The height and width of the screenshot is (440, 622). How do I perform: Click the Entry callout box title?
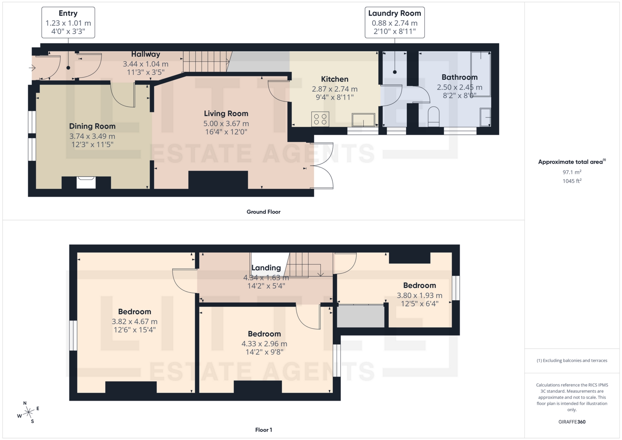pos(68,13)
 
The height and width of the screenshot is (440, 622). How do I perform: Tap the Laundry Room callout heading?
pos(394,13)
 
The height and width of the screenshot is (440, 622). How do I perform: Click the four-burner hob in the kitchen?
pos(320,119)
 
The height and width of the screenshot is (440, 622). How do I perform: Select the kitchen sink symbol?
pos(363,120)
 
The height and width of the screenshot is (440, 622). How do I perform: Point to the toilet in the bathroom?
pos(433,116)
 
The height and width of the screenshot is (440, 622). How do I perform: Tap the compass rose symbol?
pos(29,412)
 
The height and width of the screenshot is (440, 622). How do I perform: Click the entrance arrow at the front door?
pos(32,68)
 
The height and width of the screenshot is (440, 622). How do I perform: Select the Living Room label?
pos(226,113)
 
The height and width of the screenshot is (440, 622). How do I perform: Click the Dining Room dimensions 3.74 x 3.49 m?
pos(92,136)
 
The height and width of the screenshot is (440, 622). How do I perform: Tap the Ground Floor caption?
pos(263,212)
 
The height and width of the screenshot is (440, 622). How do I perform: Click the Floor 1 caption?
pos(263,430)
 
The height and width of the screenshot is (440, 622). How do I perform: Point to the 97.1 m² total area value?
pos(572,172)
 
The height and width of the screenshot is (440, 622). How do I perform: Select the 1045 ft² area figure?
pos(572,181)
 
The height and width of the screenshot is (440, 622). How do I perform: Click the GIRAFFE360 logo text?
pos(572,422)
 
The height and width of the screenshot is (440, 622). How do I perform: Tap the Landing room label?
pos(266,268)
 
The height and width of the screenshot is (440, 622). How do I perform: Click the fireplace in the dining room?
pos(86,182)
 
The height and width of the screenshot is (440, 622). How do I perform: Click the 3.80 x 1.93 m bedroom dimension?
pos(419,295)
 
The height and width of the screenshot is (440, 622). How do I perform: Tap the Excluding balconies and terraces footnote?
pos(572,360)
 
